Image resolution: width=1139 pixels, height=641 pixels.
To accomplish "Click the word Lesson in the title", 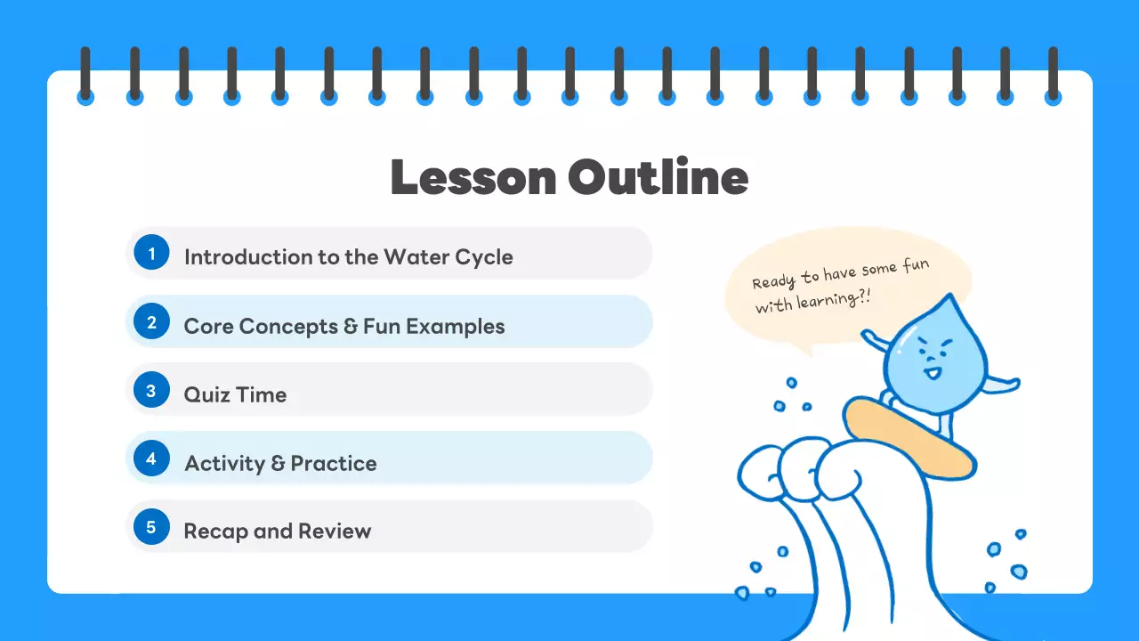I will pos(472,177).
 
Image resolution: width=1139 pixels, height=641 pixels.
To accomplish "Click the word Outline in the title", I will pos(658,177).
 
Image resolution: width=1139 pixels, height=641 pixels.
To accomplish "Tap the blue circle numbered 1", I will pos(151,254).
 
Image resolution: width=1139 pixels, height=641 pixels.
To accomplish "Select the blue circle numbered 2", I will pos(151,322).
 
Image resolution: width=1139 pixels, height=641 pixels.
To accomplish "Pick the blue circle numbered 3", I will pos(151,391).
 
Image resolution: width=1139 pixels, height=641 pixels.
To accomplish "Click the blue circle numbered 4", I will pos(151,459).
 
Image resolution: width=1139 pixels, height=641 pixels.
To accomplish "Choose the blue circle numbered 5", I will pos(151,528).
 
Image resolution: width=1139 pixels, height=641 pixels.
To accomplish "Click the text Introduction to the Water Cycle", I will pos(348,257).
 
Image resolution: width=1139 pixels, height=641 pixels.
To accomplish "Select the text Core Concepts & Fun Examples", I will pos(343,326).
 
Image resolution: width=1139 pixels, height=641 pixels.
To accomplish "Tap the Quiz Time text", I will pos(235,394).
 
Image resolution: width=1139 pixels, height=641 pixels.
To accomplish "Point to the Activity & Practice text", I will pos(280,463).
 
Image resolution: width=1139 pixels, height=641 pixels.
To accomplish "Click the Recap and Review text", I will pos(277,531).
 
